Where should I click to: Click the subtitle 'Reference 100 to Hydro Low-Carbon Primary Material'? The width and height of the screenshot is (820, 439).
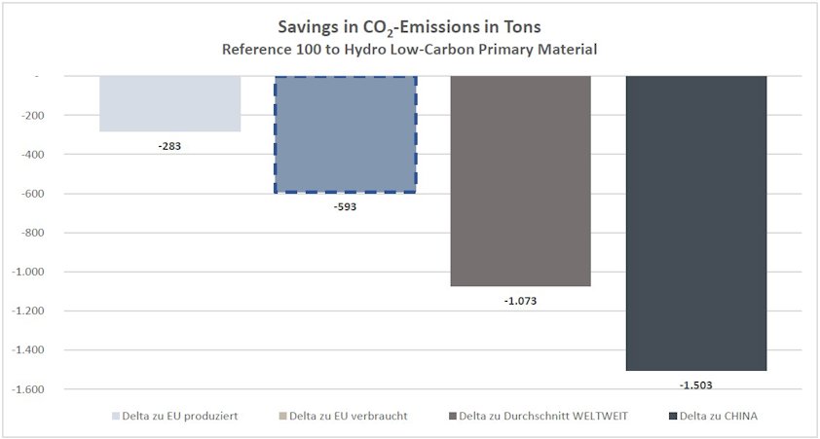(x=408, y=49)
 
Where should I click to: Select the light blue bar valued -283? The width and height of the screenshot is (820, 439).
(x=169, y=103)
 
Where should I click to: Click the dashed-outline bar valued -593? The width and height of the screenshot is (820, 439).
(x=345, y=134)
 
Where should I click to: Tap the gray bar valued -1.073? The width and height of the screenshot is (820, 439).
(x=520, y=181)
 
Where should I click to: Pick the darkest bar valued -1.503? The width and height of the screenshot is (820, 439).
(x=695, y=223)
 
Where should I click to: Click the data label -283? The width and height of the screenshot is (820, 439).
(x=169, y=147)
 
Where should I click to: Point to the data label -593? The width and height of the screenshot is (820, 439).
(x=345, y=207)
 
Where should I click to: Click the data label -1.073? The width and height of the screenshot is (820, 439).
(x=520, y=301)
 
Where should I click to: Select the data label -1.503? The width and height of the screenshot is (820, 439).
(x=695, y=385)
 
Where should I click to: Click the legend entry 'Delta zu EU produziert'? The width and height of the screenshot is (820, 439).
(x=176, y=417)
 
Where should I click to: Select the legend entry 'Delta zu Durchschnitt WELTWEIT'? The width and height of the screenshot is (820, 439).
(x=537, y=417)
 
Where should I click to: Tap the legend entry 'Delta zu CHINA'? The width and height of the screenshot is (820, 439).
(x=713, y=417)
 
